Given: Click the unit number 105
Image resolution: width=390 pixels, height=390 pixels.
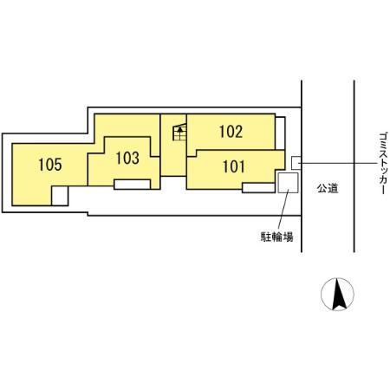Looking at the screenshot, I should coord(50,165).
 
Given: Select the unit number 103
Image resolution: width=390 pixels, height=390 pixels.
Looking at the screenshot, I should coord(127,159).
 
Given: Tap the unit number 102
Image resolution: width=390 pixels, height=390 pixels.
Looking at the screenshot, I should coord(231,132).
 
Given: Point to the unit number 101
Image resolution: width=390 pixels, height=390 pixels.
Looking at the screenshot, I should coord(233,165).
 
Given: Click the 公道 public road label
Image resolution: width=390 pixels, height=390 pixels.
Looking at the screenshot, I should coord(327,185).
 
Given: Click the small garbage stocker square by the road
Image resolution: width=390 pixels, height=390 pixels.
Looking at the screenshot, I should coord(296,162).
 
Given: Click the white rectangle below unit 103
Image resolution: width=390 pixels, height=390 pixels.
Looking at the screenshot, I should coord(133,184).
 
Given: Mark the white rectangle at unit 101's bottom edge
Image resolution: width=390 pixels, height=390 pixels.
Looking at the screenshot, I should coord(258,186).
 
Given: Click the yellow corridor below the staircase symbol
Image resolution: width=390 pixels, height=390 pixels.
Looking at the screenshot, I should coord(173,160).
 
